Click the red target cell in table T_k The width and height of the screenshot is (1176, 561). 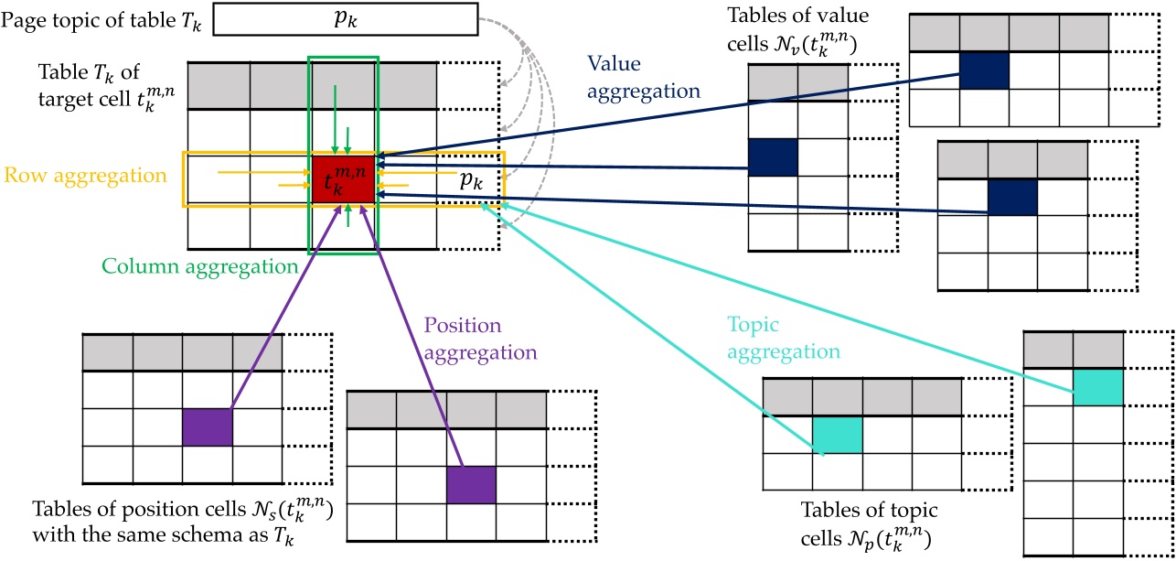pyautogui.click(x=343, y=178)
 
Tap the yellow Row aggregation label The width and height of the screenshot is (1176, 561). pyautogui.click(x=89, y=174)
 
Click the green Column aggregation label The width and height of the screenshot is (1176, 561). pyautogui.click(x=200, y=267)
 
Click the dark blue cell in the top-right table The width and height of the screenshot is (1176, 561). pyautogui.click(x=984, y=70)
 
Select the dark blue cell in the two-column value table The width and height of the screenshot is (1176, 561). pyautogui.click(x=773, y=156)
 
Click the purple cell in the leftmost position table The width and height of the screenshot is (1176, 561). pyautogui.click(x=208, y=427)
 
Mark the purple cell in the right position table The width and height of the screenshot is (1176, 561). pyautogui.click(x=471, y=485)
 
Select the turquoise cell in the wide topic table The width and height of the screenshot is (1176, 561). pyautogui.click(x=838, y=434)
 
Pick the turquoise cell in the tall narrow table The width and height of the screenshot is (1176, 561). pyautogui.click(x=1097, y=387)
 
